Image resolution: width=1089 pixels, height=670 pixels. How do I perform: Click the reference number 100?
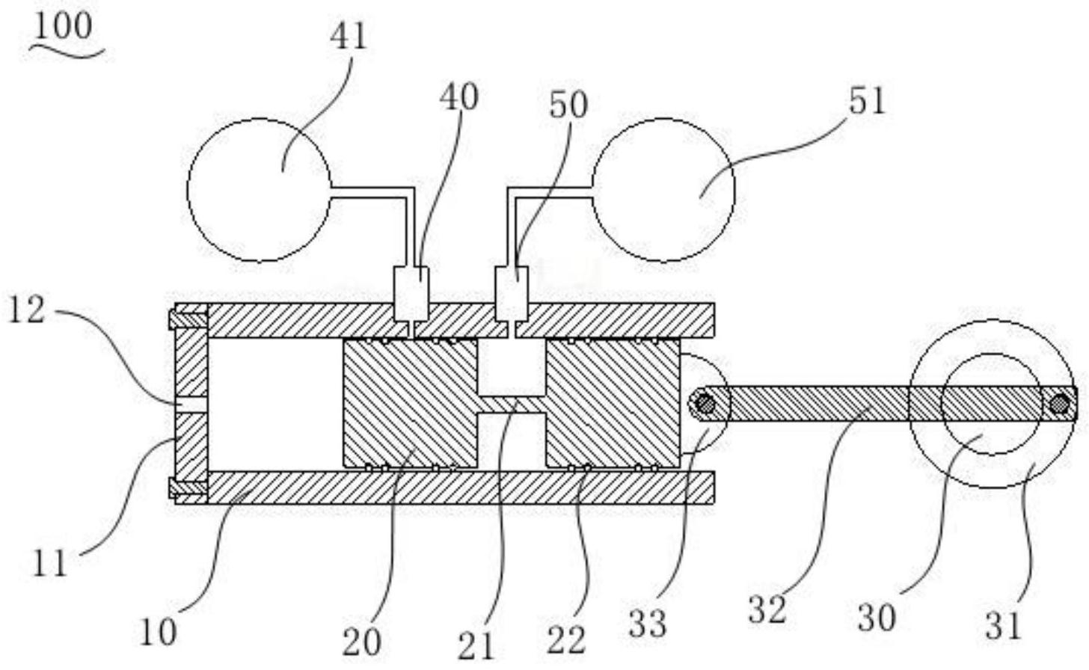pos(63,27)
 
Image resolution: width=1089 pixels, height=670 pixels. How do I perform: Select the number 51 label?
pos(866,101)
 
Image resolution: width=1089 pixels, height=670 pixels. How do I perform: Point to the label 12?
pos(26,310)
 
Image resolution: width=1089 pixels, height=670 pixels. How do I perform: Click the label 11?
pos(49,563)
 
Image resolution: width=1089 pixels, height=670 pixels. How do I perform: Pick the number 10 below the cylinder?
pos(158,633)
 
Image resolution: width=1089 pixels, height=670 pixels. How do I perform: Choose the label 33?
pos(647,622)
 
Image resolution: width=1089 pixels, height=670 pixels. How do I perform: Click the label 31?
pos(1002,624)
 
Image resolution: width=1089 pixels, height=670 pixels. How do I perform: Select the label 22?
pos(566,640)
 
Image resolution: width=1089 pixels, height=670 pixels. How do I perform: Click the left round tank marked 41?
pos(259,190)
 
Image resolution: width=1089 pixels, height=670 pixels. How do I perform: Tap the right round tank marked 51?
pos(664,189)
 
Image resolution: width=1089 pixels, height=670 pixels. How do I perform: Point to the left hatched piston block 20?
pos(409,404)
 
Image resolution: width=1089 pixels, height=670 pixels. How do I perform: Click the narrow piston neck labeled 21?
pos(512,405)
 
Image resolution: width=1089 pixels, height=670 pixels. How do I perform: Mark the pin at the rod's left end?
pos(705,405)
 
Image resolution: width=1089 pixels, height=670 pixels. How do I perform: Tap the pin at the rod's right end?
pos(1058,405)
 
